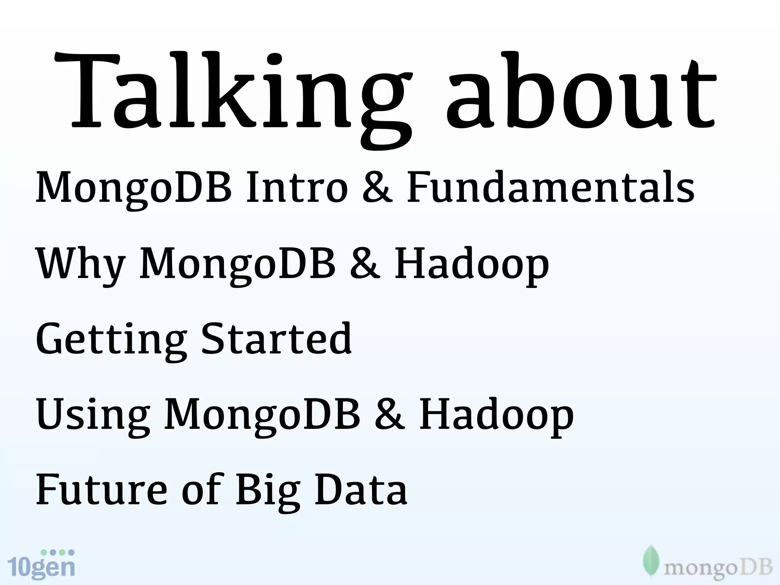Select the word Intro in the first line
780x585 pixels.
[297, 187]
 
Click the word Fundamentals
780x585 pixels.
[550, 187]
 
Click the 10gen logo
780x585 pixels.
[41, 564]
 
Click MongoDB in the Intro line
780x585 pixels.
[134, 187]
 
